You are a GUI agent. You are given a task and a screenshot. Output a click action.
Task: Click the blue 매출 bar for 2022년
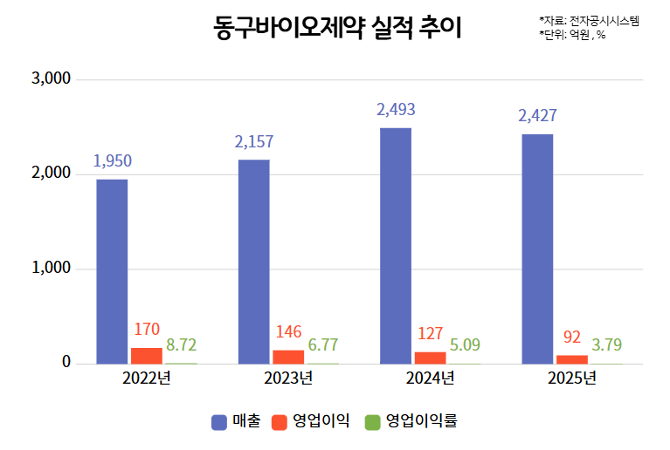112,271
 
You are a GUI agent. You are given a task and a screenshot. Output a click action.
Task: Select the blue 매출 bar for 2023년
253,262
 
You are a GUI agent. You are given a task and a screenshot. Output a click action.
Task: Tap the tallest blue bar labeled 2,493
395,246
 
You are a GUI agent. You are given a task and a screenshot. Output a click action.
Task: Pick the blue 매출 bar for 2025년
537,249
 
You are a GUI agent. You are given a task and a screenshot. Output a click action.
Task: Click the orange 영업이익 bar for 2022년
147,356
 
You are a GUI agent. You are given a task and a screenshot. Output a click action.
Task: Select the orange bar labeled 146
288,357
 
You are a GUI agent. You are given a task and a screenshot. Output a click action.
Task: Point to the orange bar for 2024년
430,358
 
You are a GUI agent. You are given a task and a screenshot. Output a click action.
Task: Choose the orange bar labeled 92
572,359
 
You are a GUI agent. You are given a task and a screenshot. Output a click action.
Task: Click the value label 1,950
112,161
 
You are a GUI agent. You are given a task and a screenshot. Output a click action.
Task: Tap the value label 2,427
537,116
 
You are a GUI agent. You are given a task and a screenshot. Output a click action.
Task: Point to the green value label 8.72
182,344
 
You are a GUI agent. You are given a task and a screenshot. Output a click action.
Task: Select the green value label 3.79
607,344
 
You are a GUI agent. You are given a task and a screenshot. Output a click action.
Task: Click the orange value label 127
430,333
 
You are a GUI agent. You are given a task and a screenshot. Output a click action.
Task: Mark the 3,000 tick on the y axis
51,79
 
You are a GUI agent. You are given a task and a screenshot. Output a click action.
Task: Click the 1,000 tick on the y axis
51,269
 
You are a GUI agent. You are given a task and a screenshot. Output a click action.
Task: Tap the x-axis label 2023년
288,378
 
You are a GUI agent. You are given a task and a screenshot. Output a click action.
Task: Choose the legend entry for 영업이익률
411,421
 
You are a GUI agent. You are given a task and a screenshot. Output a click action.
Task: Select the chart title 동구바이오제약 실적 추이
337,29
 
